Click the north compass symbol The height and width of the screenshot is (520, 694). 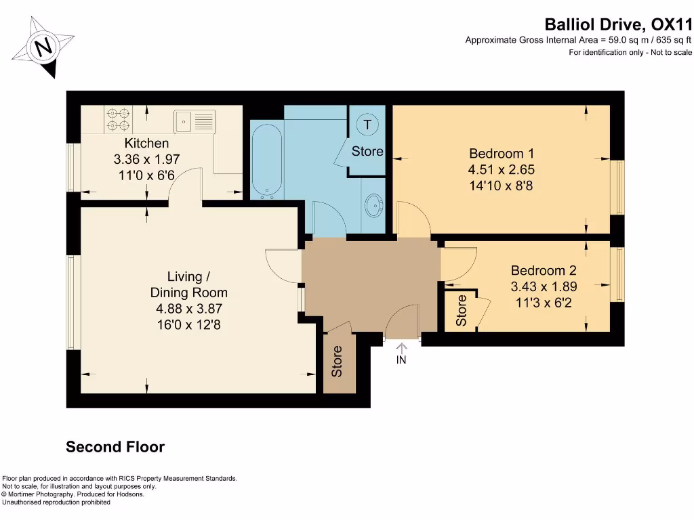pyautogui.click(x=45, y=47)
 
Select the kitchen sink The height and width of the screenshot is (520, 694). pyautogui.click(x=195, y=121)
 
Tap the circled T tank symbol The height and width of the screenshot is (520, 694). pyautogui.click(x=367, y=125)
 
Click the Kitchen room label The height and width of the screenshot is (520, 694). pyautogui.click(x=146, y=144)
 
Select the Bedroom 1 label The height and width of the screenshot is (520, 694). pyautogui.click(x=497, y=153)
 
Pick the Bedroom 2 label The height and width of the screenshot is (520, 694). pyautogui.click(x=543, y=270)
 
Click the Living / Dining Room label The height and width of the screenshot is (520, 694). pyautogui.click(x=188, y=284)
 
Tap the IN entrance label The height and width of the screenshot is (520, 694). pyautogui.click(x=401, y=360)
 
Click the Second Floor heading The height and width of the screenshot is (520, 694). pyautogui.click(x=115, y=447)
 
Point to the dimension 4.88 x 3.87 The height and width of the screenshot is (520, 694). pyautogui.click(x=188, y=309)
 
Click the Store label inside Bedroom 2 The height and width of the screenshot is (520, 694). pyautogui.click(x=462, y=311)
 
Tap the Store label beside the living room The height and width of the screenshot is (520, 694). pyautogui.click(x=337, y=362)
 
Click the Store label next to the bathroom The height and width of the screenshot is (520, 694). pyautogui.click(x=367, y=151)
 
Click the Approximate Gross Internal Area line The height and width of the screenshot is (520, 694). pyautogui.click(x=578, y=41)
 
